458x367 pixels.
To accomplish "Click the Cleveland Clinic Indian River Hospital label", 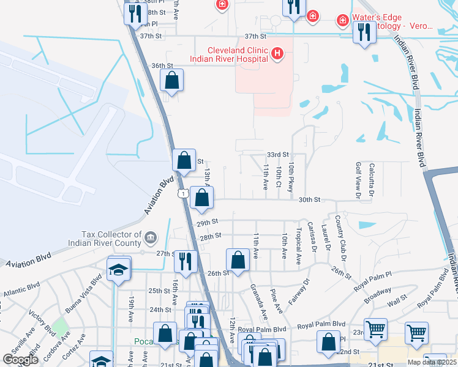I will (x=229, y=54).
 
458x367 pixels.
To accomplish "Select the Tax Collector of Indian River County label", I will (x=111, y=239).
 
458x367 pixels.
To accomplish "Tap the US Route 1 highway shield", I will (x=182, y=193).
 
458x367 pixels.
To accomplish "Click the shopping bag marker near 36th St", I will (x=172, y=80).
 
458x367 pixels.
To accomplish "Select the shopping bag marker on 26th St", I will (x=238, y=259).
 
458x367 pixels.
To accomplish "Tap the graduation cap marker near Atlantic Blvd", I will (x=118, y=269).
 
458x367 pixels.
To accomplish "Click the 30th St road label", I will (x=309, y=199).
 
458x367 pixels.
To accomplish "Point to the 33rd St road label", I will (x=277, y=155).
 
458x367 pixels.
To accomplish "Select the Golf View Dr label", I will (x=358, y=180).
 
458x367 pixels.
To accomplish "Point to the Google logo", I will (x=21, y=359).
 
